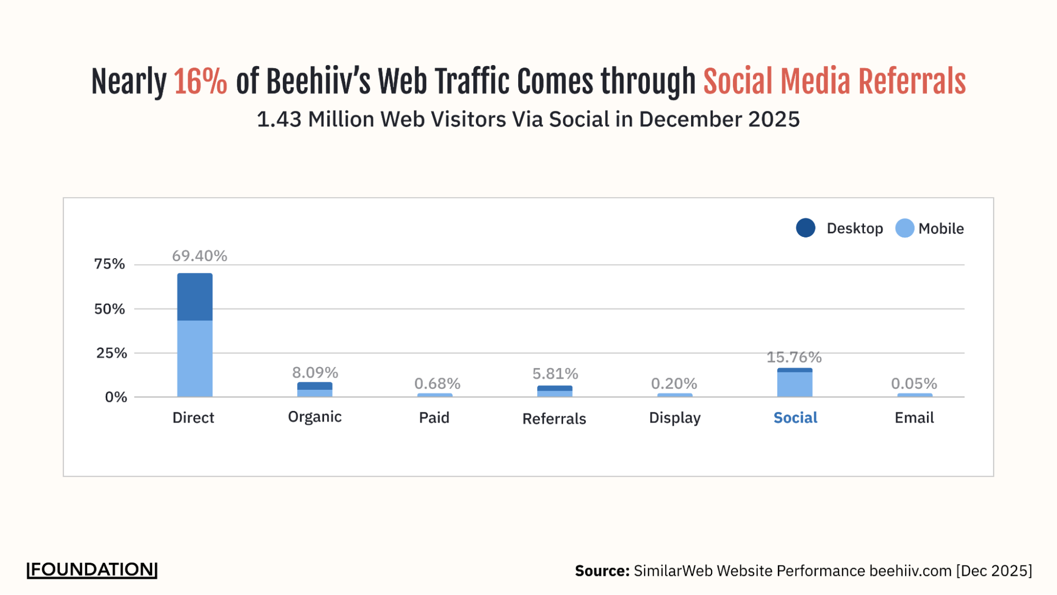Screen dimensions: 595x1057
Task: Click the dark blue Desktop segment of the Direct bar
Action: point(195,297)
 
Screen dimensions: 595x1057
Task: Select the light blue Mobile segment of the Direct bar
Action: point(195,358)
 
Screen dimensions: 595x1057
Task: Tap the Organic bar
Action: point(315,389)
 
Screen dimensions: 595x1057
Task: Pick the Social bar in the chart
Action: point(794,382)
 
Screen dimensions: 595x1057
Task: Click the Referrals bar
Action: point(555,391)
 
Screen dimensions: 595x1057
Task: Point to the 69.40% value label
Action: point(199,256)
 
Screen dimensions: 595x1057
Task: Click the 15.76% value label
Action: point(794,358)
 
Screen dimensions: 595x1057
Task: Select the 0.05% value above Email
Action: point(914,383)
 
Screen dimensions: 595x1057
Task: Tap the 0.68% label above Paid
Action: point(437,383)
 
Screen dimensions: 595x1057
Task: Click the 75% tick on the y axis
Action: point(109,264)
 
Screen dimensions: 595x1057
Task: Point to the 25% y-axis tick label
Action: point(111,353)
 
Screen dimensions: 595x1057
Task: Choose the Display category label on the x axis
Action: point(675,418)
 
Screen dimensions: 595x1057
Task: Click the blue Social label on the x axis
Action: point(795,418)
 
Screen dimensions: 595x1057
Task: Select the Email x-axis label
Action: point(914,418)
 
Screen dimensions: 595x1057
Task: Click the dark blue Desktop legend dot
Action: point(805,228)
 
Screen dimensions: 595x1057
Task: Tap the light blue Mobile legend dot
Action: point(904,228)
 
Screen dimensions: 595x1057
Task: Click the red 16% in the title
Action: point(200,82)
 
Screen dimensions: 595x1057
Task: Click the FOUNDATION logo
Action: point(92,570)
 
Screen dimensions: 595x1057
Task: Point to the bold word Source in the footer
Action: point(602,571)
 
